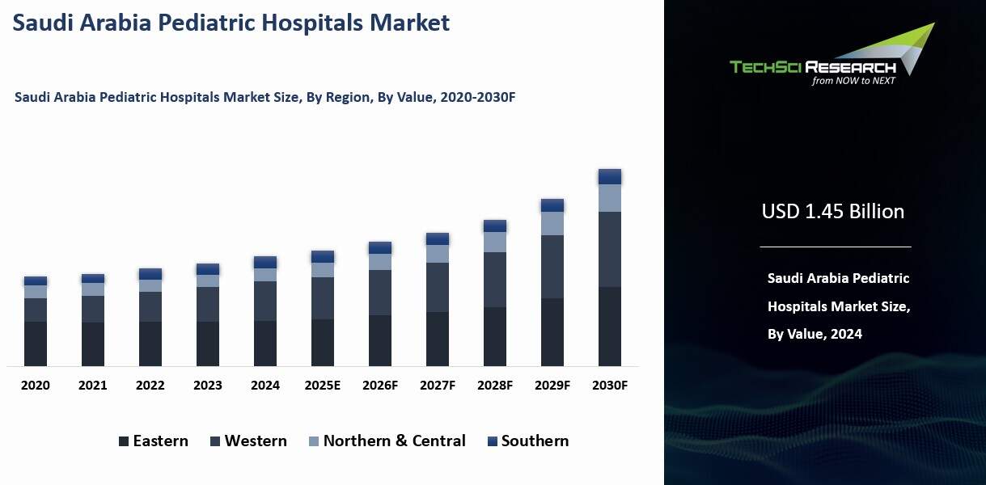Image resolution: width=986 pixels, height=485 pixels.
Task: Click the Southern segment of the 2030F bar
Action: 610,176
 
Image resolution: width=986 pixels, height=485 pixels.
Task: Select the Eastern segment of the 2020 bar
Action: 36,344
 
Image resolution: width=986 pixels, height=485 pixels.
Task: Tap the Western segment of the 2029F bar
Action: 552,267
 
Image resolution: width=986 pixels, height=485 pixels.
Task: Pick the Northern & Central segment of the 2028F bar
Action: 495,242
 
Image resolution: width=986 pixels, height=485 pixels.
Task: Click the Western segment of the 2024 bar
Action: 265,301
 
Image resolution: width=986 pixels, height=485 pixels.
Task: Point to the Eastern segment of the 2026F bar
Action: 380,340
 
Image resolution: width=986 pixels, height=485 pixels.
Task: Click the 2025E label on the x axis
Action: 323,386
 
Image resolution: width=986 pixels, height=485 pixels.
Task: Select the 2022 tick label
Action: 150,386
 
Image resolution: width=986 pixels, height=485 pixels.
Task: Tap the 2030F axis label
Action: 610,386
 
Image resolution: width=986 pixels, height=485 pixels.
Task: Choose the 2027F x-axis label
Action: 438,386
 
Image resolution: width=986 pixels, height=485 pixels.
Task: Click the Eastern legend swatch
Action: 124,441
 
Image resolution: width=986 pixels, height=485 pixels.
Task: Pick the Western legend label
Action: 256,441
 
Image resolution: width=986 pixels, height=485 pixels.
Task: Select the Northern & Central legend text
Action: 394,441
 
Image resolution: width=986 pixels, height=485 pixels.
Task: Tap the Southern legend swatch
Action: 492,441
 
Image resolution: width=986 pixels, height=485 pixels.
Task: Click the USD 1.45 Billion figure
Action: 833,212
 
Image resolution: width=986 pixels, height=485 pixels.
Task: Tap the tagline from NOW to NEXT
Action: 853,81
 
